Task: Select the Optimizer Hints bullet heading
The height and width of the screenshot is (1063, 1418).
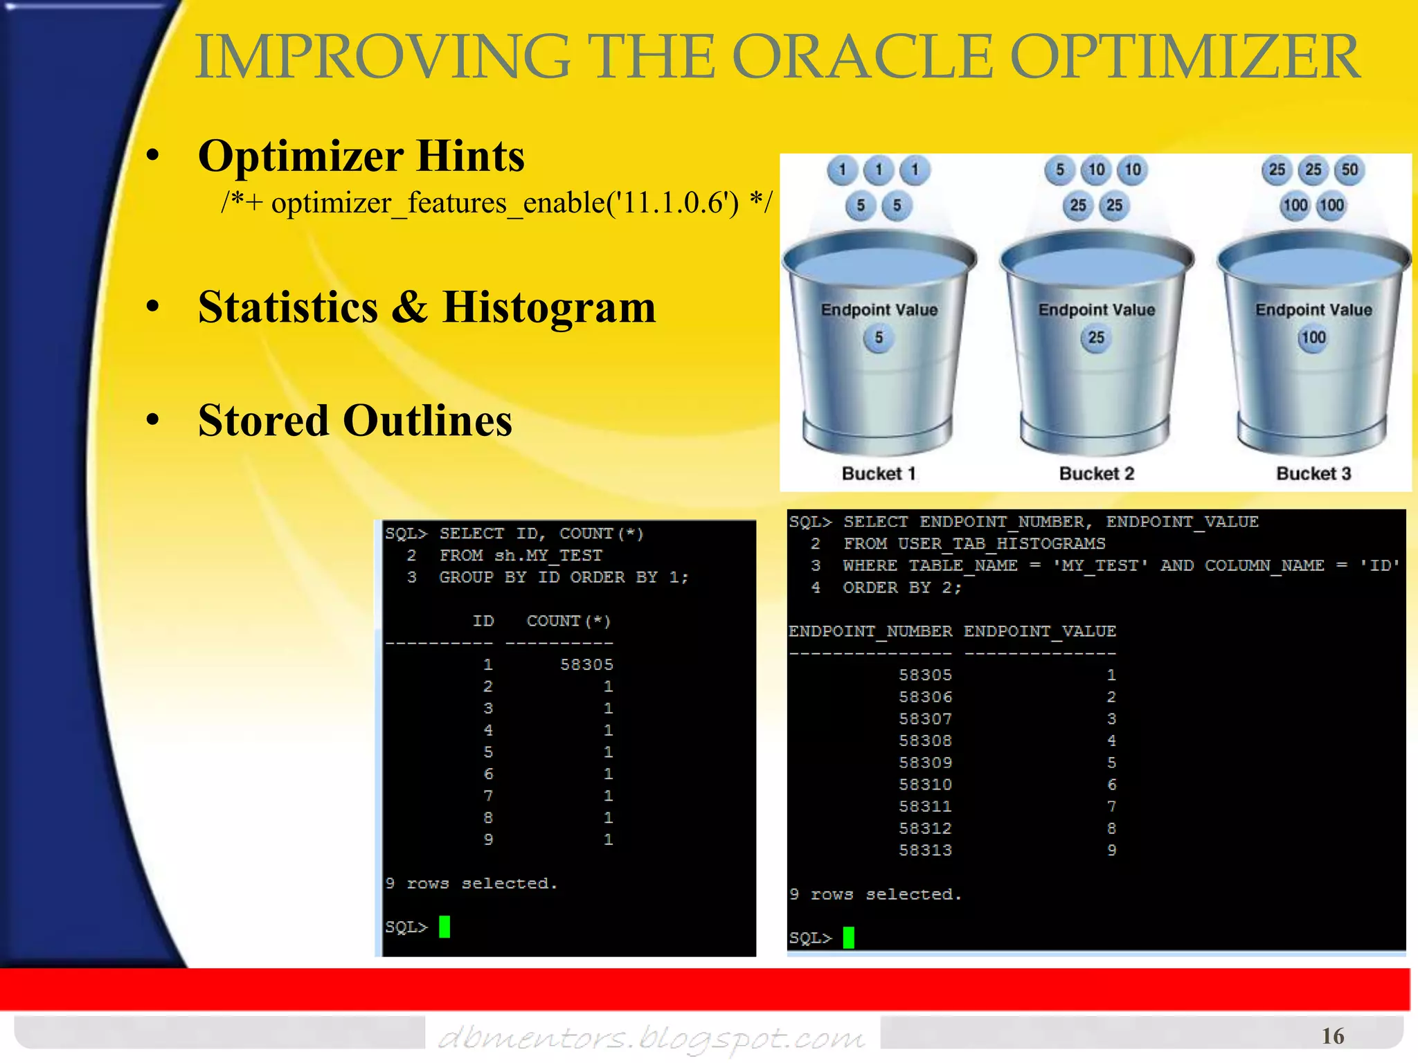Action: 361,156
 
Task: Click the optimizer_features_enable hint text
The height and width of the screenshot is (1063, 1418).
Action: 496,203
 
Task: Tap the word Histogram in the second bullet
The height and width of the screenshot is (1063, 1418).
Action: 548,307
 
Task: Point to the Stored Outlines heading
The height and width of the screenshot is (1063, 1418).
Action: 354,421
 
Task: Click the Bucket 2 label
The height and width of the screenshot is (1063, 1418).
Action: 1097,474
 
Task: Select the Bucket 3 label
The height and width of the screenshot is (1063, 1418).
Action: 1313,474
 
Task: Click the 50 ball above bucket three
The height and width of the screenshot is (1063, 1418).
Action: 1349,170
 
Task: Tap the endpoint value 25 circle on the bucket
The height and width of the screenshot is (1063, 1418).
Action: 1096,338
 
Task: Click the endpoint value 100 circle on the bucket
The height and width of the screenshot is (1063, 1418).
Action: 1313,338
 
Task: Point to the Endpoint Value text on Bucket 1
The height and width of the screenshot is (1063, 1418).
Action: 879,310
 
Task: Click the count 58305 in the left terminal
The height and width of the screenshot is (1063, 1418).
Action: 586,665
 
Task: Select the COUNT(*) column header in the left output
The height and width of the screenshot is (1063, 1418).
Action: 568,621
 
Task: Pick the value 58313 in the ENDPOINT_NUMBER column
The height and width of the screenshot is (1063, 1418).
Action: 925,851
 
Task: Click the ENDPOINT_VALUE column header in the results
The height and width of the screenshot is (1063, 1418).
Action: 1039,632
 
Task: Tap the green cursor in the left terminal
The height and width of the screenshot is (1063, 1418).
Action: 445,927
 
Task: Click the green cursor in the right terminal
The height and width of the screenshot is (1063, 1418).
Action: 848,938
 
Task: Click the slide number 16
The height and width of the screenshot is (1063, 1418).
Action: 1333,1037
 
